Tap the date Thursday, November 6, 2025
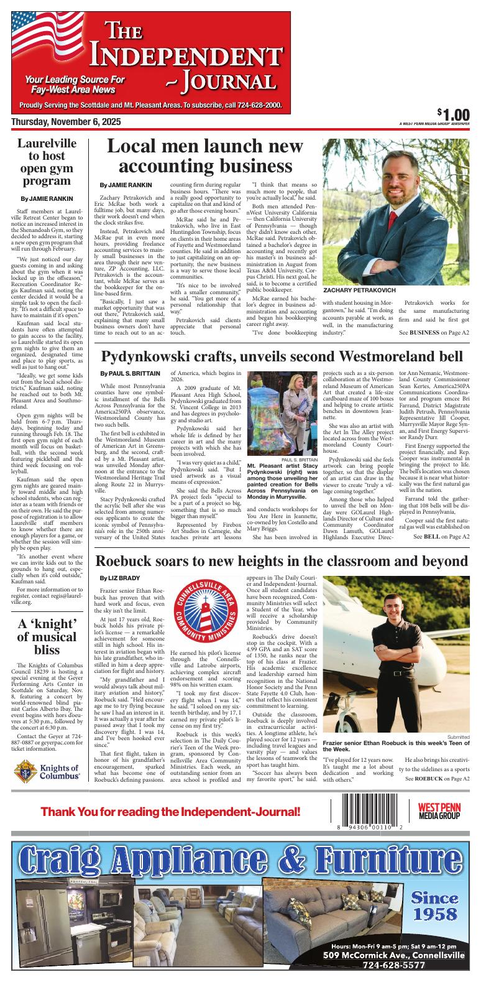coord(66,121)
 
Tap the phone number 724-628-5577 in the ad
coord(393,965)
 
